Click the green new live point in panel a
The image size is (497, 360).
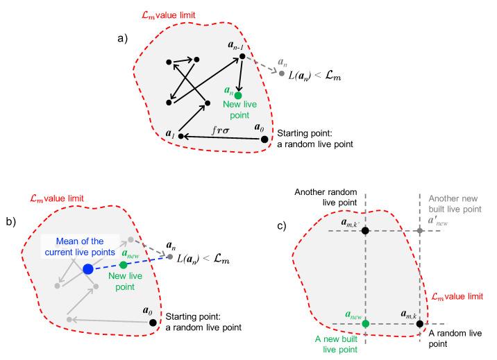pyautogui.click(x=238, y=95)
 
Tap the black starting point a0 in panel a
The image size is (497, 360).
pyautogui.click(x=264, y=139)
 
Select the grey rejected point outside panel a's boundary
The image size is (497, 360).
pyautogui.click(x=281, y=74)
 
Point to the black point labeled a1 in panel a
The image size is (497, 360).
pyautogui.click(x=180, y=136)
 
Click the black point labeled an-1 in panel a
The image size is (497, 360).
pyautogui.click(x=242, y=55)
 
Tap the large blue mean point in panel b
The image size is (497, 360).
pyautogui.click(x=88, y=268)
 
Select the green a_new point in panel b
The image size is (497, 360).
pyautogui.click(x=123, y=264)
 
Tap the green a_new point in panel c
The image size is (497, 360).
pyautogui.click(x=365, y=323)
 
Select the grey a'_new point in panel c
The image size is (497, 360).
pyautogui.click(x=420, y=230)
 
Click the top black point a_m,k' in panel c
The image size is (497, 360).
pyautogui.click(x=365, y=230)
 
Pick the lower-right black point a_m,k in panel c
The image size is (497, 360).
pyautogui.click(x=420, y=323)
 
